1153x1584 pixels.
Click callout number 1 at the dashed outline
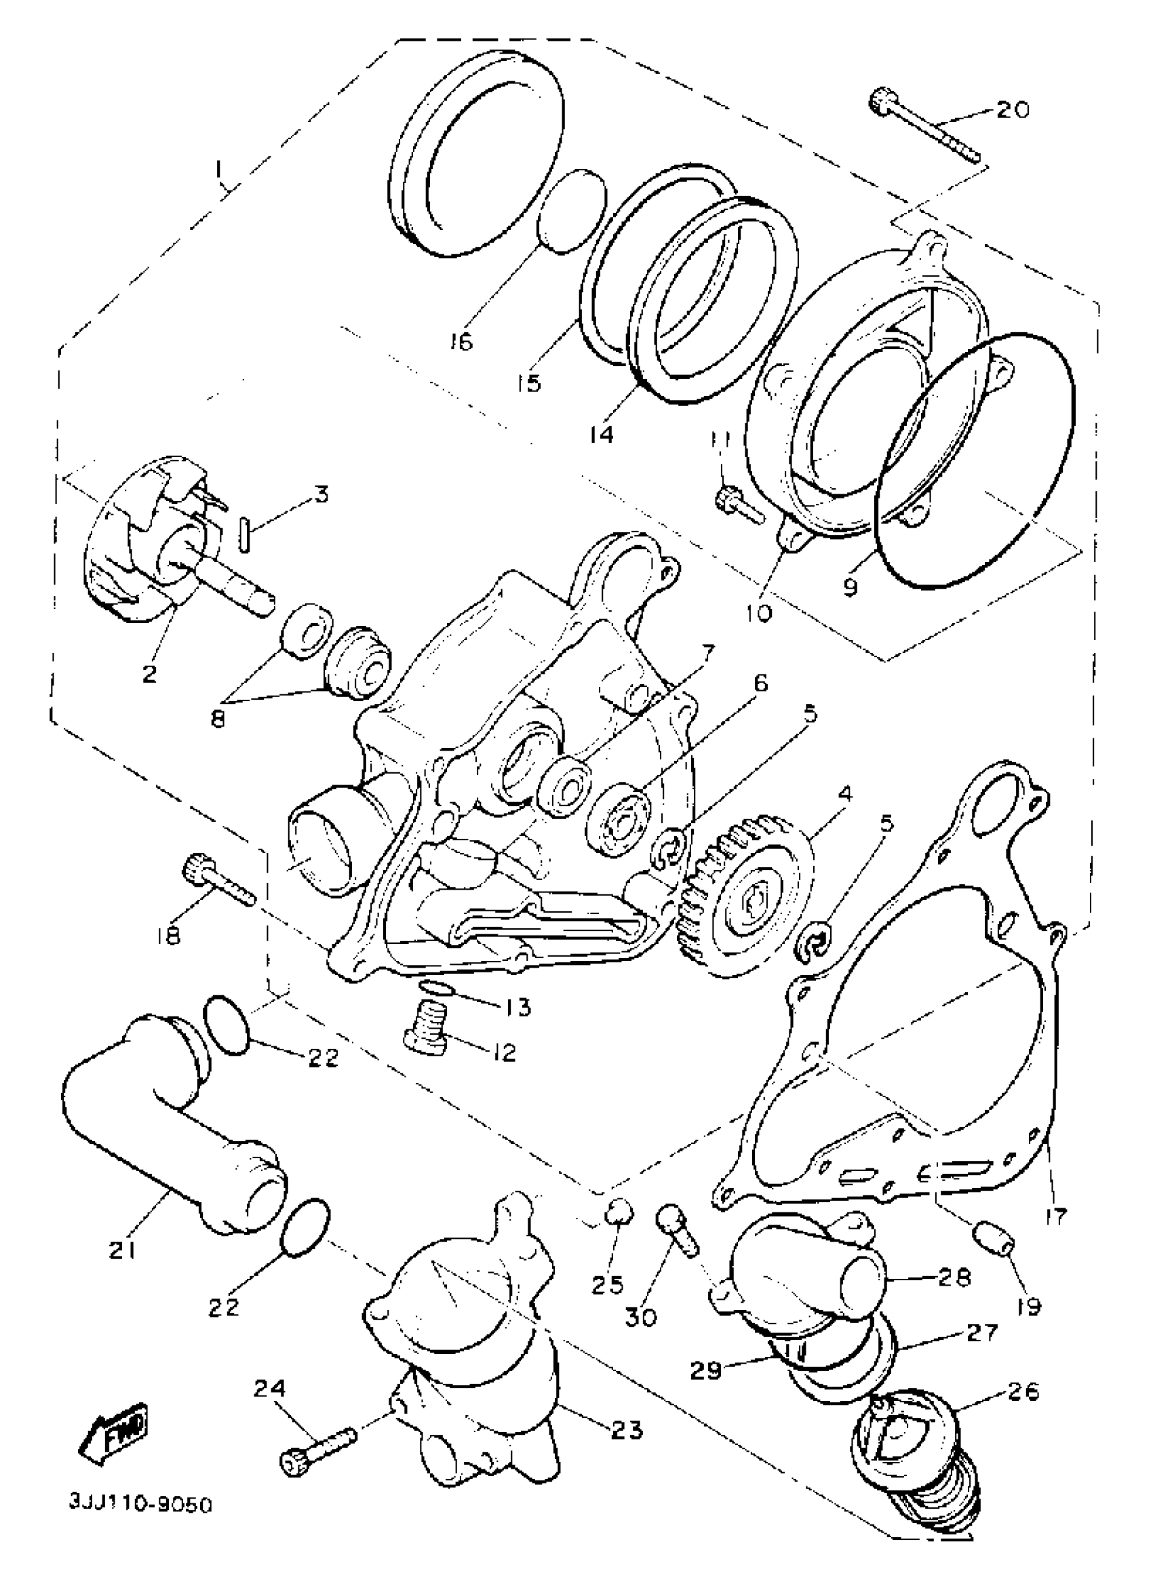(x=218, y=170)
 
